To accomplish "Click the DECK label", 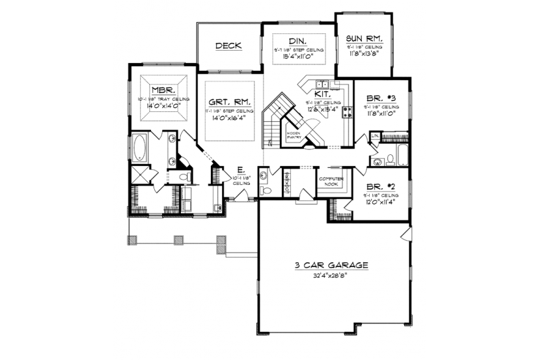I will (x=228, y=46).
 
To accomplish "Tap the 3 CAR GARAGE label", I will (x=331, y=265).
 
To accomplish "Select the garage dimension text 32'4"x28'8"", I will (x=331, y=275).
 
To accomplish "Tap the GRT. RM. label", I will (x=229, y=102).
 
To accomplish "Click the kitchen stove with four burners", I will (x=346, y=112).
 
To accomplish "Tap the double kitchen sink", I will (x=322, y=84).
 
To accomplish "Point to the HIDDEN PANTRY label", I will (x=294, y=135).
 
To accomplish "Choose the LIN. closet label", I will (x=375, y=135).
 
